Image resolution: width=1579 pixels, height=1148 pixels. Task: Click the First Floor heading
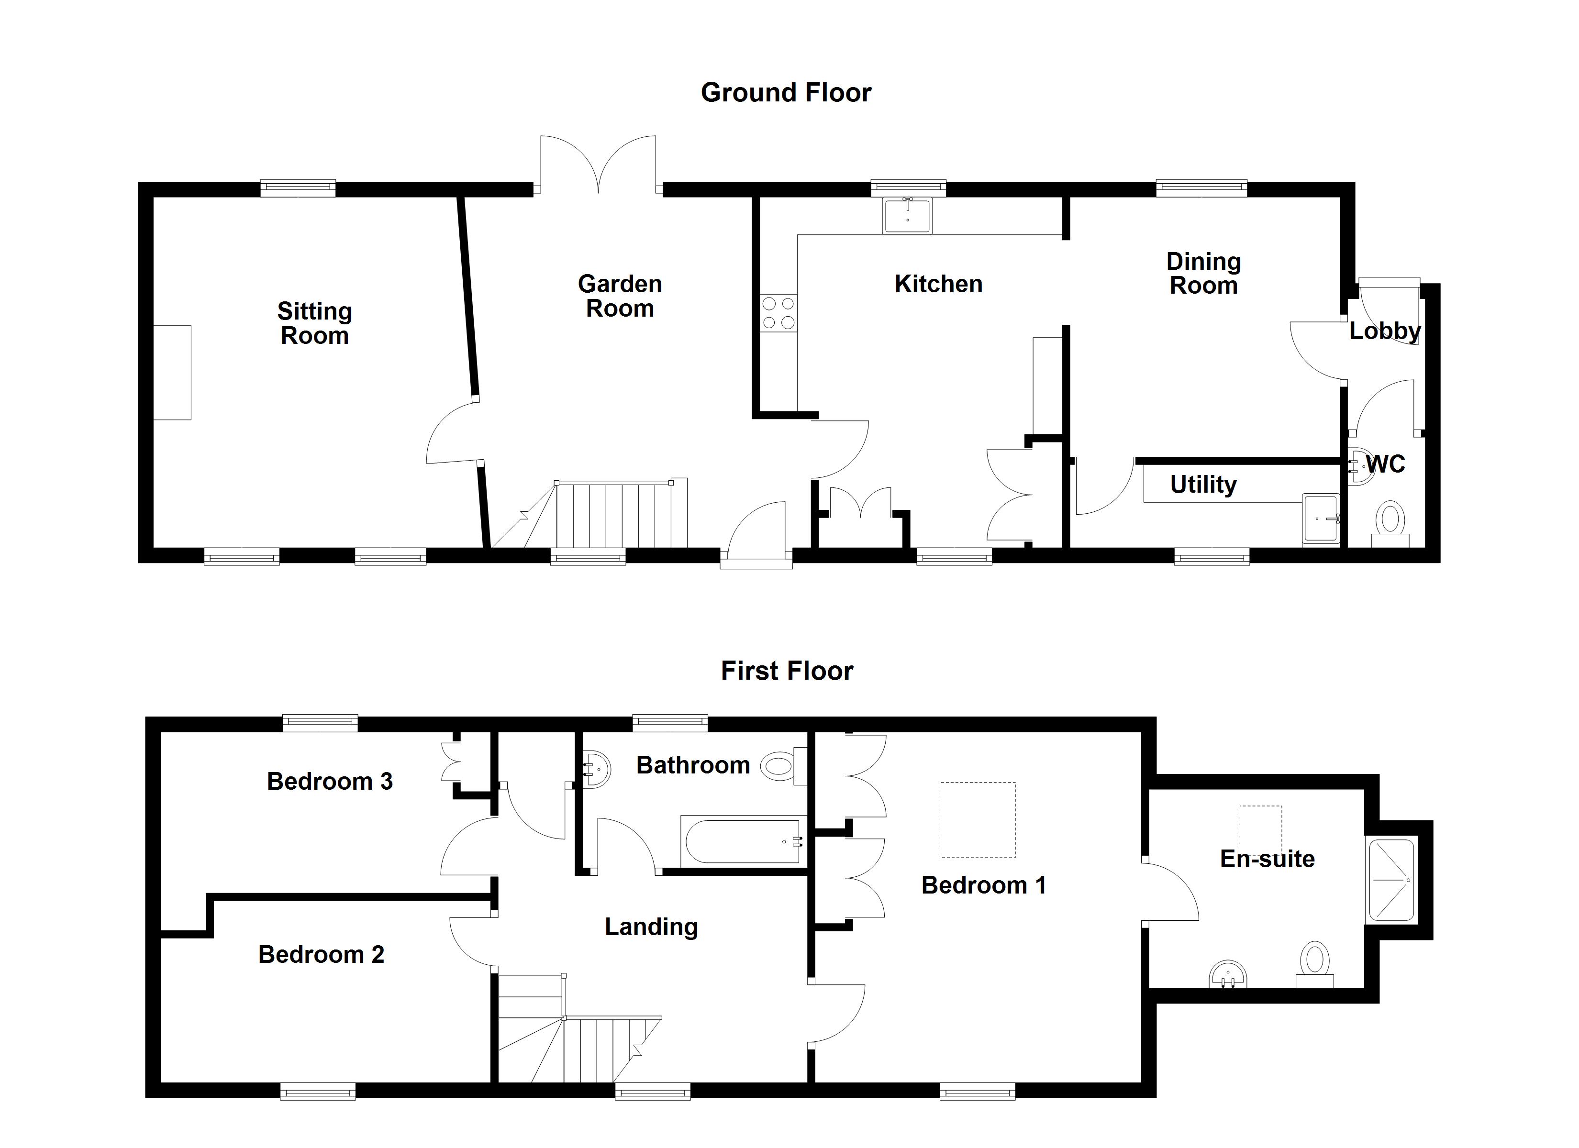click(787, 671)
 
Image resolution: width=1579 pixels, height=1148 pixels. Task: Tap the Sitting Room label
click(315, 323)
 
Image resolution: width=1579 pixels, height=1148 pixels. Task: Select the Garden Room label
click(620, 296)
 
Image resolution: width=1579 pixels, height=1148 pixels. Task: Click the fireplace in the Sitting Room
click(172, 373)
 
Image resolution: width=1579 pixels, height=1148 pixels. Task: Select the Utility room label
click(1203, 485)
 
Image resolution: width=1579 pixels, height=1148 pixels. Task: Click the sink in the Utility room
click(1321, 519)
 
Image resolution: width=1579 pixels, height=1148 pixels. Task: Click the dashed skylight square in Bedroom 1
click(977, 820)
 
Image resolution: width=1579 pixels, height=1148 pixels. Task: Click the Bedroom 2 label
click(321, 954)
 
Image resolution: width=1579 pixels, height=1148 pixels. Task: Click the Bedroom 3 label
click(329, 782)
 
